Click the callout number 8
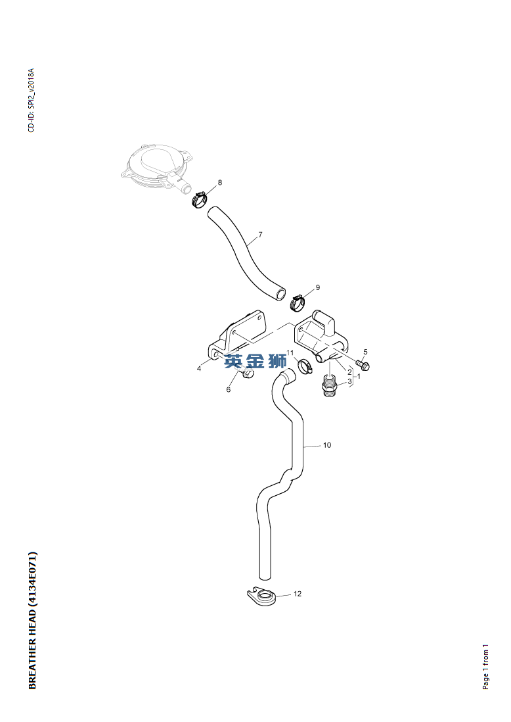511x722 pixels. pyautogui.click(x=220, y=183)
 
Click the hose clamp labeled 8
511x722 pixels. pyautogui.click(x=199, y=199)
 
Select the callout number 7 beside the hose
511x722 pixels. pyautogui.click(x=260, y=235)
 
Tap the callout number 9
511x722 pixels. pyautogui.click(x=317, y=288)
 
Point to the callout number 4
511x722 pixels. pyautogui.click(x=199, y=368)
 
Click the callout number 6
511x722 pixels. pyautogui.click(x=229, y=389)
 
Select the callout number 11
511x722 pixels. pyautogui.click(x=290, y=352)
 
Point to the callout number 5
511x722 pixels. pyautogui.click(x=366, y=352)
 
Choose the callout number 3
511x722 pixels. pyautogui.click(x=349, y=381)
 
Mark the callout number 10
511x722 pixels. pyautogui.click(x=327, y=445)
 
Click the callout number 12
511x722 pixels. pyautogui.click(x=298, y=594)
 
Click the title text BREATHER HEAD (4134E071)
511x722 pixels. pyautogui.click(x=33, y=620)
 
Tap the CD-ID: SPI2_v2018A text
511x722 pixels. pyautogui.click(x=32, y=101)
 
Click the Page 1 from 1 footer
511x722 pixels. pyautogui.click(x=485, y=667)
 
